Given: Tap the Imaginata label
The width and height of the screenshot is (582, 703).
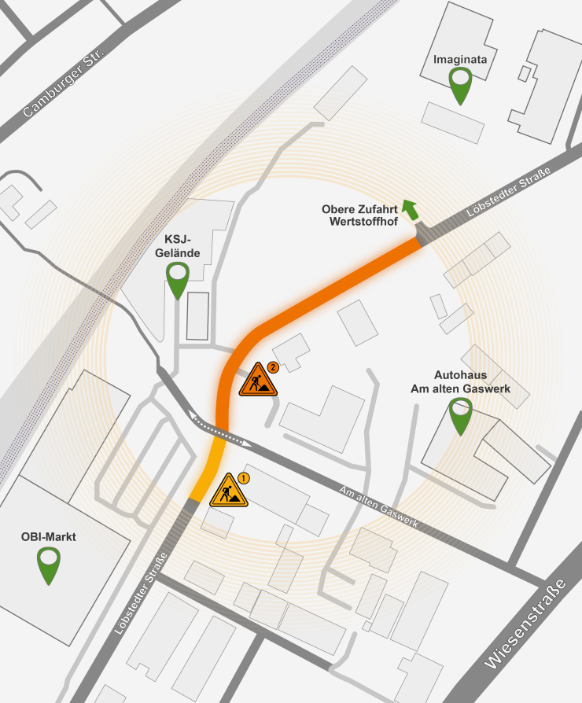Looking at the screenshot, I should [x=459, y=58].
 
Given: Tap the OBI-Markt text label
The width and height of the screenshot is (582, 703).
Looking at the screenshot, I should [x=49, y=539].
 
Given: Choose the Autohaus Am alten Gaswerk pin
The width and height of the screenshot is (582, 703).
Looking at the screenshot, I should [x=460, y=414].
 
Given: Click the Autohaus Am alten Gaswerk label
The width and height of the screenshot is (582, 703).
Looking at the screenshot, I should [x=460, y=382].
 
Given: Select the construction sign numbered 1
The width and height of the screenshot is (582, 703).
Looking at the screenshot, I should [x=230, y=491].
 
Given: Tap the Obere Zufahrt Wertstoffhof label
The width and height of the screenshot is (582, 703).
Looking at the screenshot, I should [x=359, y=215].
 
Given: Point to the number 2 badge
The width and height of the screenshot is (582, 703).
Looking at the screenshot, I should [x=273, y=366].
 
